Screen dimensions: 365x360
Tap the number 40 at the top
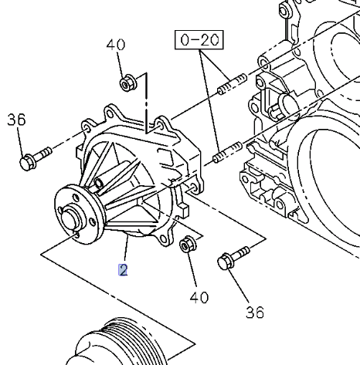pos(115,46)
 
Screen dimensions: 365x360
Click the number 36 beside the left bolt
pos(16,120)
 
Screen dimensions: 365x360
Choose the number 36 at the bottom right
pos(254,312)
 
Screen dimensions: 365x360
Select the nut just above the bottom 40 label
pos(186,245)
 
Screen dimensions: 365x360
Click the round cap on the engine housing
pos(288,104)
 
